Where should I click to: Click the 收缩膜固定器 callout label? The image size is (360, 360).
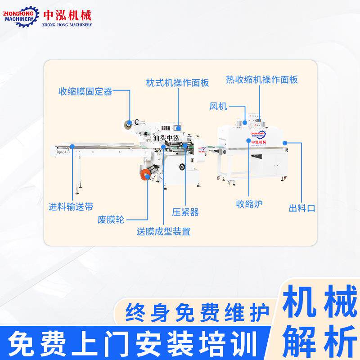click(x=85, y=92)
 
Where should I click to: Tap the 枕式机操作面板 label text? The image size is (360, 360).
click(x=178, y=83)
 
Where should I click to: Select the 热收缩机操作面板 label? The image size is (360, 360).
click(x=262, y=80)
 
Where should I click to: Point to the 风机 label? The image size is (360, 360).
click(x=218, y=107)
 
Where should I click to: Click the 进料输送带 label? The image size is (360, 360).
click(x=71, y=207)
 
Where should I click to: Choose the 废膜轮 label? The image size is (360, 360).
click(x=111, y=220)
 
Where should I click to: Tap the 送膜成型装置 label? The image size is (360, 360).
click(x=163, y=232)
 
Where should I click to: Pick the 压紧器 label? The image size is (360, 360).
click(x=185, y=211)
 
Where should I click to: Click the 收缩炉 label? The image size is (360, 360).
click(x=249, y=204)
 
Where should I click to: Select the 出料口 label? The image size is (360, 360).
click(x=301, y=208)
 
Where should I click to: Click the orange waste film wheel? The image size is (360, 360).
click(x=145, y=175)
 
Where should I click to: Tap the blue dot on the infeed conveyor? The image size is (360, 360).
click(x=72, y=145)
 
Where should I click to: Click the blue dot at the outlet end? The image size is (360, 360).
click(x=285, y=143)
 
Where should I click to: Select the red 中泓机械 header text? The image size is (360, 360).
click(x=67, y=15)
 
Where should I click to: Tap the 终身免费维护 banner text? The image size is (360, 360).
click(x=198, y=311)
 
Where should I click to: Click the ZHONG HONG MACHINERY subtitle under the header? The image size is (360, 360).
click(x=67, y=25)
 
